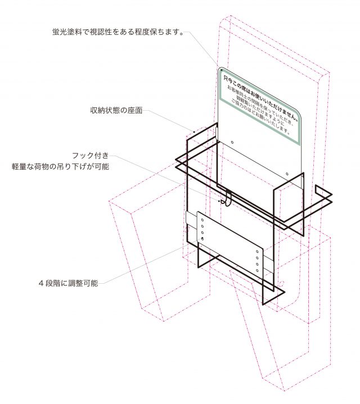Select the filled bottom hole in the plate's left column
click(x=202, y=240)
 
